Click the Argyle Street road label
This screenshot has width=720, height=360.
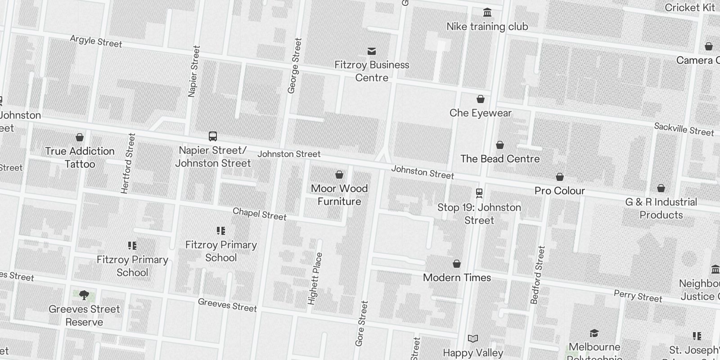click(96, 41)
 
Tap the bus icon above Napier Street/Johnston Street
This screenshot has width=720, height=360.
click(213, 136)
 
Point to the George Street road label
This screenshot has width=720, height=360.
click(294, 66)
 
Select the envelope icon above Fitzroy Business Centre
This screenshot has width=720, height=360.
click(372, 51)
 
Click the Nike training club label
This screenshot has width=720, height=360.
click(487, 27)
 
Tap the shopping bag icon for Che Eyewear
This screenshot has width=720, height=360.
click(481, 99)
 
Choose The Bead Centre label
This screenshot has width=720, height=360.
click(500, 159)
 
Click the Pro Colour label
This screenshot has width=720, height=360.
click(559, 191)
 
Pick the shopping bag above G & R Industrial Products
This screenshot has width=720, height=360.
click(661, 188)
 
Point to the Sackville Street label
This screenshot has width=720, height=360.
click(684, 129)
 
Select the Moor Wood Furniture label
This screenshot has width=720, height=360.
click(339, 195)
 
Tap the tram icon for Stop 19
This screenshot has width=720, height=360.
click(479, 193)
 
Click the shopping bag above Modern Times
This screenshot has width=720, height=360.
click(457, 264)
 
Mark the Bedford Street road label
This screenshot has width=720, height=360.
click(538, 275)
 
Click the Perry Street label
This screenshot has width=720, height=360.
click(638, 296)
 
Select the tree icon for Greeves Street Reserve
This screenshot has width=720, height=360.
click(84, 295)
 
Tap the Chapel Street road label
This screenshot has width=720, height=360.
click(260, 214)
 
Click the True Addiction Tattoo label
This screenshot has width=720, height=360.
click(80, 157)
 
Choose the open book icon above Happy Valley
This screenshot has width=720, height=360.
click(473, 338)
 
